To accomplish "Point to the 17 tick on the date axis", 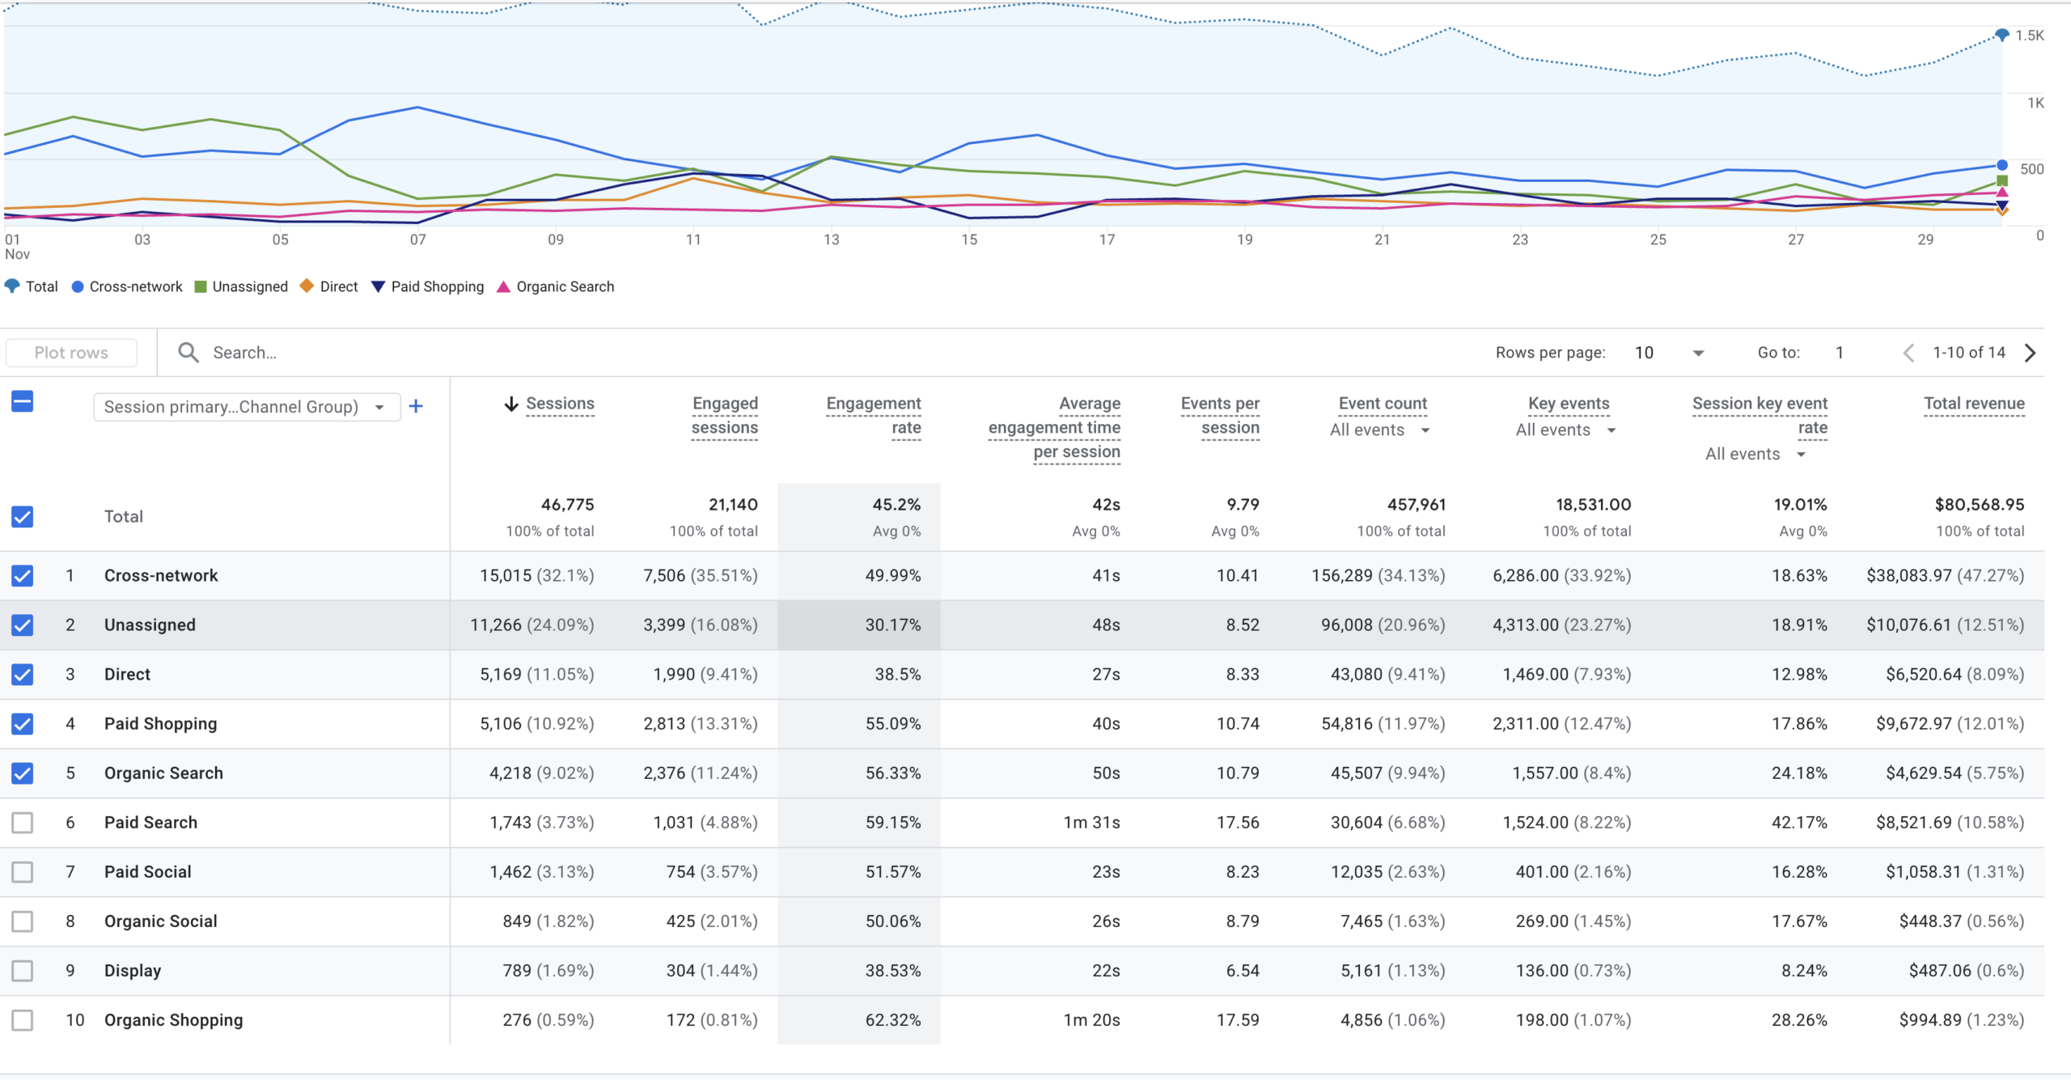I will click(1107, 239).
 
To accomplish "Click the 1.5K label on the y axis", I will click(2029, 36).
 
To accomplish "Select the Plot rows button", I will click(71, 353).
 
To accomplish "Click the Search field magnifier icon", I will click(188, 353).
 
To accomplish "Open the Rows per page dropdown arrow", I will click(1698, 353).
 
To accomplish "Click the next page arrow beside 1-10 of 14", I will click(2031, 353).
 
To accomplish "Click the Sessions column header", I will click(560, 403).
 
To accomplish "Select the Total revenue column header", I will click(1974, 403).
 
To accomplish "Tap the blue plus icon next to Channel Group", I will click(416, 406).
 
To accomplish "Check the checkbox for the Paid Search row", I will click(23, 823).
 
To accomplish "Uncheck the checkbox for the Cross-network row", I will click(23, 576).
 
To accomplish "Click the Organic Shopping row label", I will click(173, 1020).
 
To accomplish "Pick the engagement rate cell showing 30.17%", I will click(892, 625).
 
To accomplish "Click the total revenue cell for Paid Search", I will click(1950, 823).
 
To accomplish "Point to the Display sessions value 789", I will click(517, 971).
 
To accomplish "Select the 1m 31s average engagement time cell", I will click(1091, 823).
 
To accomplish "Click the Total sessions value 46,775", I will click(567, 505).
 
